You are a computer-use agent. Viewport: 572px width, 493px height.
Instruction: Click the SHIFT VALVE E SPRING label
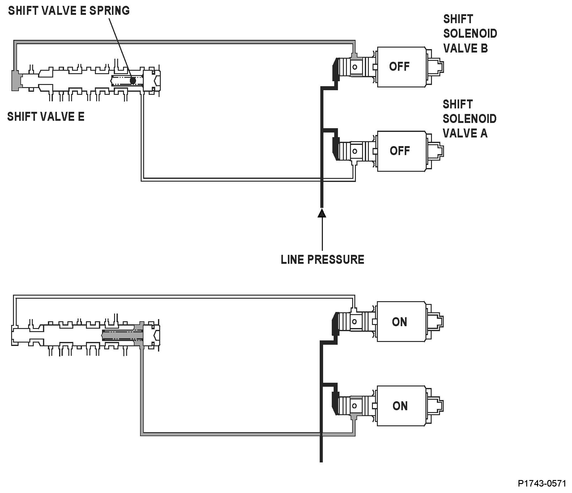pos(69,11)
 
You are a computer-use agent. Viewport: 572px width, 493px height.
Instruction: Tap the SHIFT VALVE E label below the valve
pos(46,117)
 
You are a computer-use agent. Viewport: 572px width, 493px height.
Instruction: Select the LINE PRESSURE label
pos(322,259)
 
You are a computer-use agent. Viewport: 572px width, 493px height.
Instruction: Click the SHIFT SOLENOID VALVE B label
pos(470,33)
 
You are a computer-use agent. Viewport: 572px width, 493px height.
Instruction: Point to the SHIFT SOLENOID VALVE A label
pos(469,119)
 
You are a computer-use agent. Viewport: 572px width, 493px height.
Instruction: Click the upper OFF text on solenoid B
pos(399,66)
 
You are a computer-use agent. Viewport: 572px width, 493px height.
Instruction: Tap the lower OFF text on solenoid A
pos(399,151)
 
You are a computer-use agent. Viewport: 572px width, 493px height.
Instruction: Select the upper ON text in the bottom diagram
pos(399,322)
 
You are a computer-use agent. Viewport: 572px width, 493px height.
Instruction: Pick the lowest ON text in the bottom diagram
pos(400,406)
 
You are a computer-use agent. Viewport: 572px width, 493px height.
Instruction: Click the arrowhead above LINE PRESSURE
pos(322,213)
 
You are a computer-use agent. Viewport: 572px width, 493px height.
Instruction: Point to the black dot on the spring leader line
pos(133,81)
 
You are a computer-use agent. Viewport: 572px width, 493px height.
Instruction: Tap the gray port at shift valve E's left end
pos(15,80)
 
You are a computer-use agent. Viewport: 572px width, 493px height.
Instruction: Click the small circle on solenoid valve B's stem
pos(355,67)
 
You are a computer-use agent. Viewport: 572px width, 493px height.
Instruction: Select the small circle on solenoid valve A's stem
pos(355,151)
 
